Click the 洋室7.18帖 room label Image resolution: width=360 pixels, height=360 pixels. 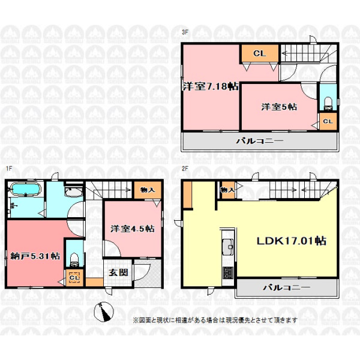coord(211,86)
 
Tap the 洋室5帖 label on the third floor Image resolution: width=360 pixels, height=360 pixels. coord(279,107)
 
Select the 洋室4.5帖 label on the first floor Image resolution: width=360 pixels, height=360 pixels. coord(132,229)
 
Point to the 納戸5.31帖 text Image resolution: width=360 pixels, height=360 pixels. coord(35,256)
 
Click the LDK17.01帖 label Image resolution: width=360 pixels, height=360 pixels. coord(291,241)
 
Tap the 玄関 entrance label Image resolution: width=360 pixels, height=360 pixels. coord(118,272)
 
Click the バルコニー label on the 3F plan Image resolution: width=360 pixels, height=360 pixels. coord(260,141)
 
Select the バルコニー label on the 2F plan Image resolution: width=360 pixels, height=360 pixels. coord(286,287)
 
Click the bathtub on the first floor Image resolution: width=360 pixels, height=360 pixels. coord(25,190)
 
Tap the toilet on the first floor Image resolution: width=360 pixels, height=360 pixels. coord(74,260)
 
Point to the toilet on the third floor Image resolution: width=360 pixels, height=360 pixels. coord(328,103)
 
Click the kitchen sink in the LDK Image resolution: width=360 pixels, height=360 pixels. coord(227,247)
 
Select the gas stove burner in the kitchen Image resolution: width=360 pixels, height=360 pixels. coord(227,272)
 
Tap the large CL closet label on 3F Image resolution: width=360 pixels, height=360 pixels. coord(259,53)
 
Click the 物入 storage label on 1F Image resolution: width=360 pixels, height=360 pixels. coord(148,190)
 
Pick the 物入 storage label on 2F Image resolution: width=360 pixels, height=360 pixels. coord(227,190)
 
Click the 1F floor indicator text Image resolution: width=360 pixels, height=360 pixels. coord(9,169)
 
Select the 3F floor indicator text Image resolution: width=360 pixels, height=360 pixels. coord(185,32)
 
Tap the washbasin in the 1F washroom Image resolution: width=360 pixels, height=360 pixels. coord(73,192)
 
